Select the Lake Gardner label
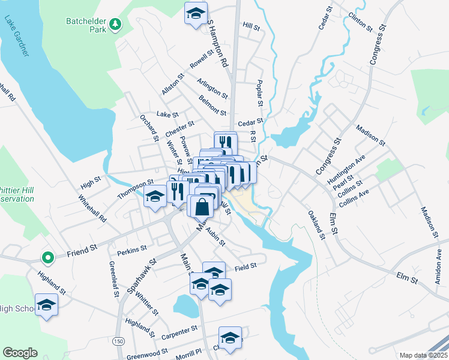pyautogui.click(x=17, y=37)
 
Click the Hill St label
pyautogui.click(x=251, y=27)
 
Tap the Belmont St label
pyautogui.click(x=212, y=106)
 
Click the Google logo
pyautogui.click(x=20, y=353)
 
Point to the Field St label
pyautogui.click(x=246, y=265)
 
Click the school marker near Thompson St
pyautogui.click(x=155, y=197)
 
